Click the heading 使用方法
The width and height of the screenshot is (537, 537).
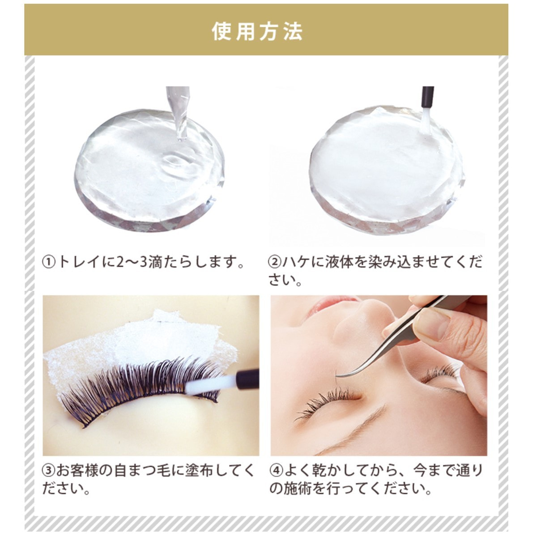[257, 31]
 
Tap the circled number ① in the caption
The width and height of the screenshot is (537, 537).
[49, 263]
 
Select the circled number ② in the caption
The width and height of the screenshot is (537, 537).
[274, 263]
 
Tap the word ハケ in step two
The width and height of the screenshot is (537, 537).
[296, 263]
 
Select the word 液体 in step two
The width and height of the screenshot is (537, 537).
[339, 263]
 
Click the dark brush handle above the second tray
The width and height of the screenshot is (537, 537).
[427, 97]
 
